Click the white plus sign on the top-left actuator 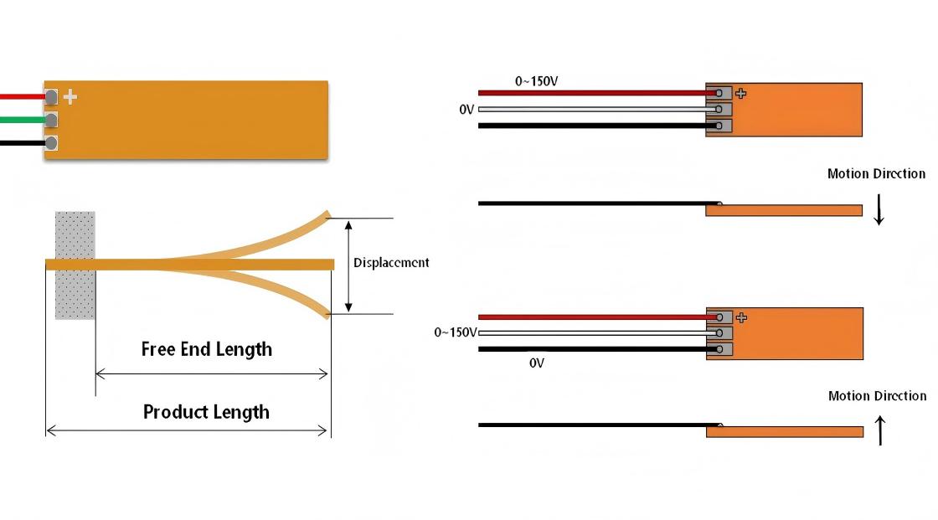[70, 97]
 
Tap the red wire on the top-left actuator [22, 97]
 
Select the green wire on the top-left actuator [22, 120]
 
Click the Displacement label [391, 263]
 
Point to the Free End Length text [207, 349]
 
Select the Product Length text [206, 412]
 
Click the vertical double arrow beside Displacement [349, 265]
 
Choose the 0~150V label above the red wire [536, 81]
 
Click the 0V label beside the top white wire [466, 110]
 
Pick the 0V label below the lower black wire [537, 363]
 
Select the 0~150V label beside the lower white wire [455, 332]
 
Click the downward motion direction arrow [879, 209]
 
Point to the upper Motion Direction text [876, 174]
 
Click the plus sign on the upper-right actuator [740, 93]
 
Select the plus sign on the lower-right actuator [740, 317]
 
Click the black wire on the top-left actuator [22, 143]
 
